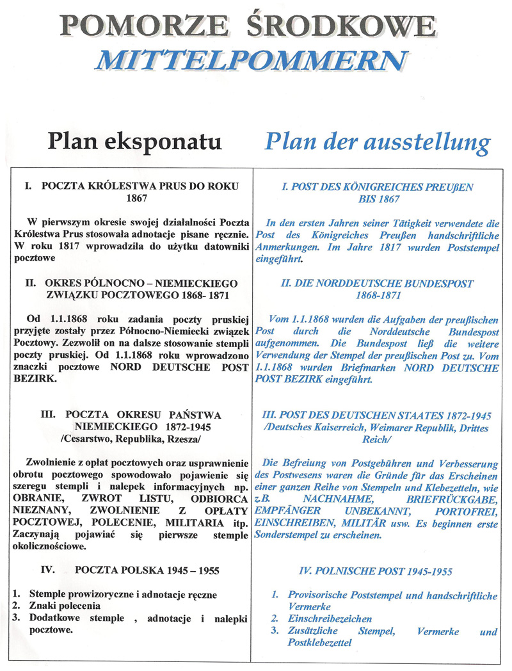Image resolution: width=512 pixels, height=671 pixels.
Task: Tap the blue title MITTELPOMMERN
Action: (x=250, y=60)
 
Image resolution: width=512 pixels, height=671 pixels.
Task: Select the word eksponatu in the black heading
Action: (x=171, y=141)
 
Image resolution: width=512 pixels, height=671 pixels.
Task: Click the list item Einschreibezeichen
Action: (x=330, y=619)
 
